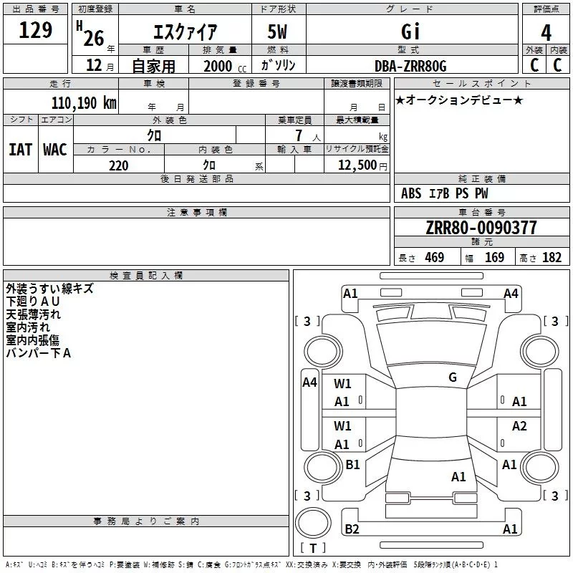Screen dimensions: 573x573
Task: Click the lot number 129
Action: point(36,31)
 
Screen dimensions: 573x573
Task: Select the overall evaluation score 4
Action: point(546,32)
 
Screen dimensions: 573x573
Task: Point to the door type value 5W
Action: point(279,32)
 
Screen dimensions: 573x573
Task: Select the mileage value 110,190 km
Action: point(83,102)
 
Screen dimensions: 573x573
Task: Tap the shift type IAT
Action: point(20,150)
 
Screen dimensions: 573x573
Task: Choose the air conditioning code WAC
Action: point(55,150)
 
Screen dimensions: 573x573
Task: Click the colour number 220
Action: point(118,165)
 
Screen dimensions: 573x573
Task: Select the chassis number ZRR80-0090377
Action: point(481,228)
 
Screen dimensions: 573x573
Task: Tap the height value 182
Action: point(552,258)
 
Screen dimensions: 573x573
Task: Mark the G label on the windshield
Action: point(453,377)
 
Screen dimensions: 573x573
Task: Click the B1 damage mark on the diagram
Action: point(353,465)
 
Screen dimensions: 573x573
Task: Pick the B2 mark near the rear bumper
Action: point(352,529)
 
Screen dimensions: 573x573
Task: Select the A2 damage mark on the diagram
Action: point(519,426)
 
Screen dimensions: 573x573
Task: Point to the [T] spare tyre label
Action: point(313,549)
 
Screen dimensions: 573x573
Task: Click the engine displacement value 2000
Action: point(218,67)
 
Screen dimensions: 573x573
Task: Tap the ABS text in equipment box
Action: point(411,193)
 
